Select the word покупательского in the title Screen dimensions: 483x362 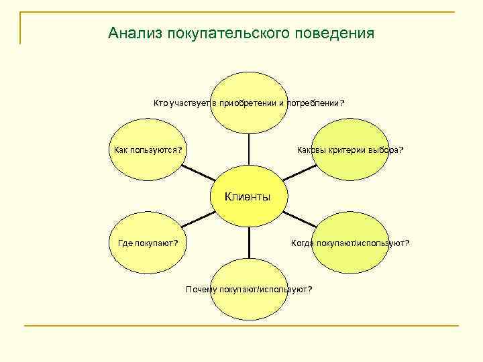[229, 33]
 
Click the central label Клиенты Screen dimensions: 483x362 [248, 197]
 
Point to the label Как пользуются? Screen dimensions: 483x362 [147, 149]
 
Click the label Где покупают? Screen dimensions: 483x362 [148, 243]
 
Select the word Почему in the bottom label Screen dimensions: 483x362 [199, 289]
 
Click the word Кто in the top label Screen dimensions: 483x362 [160, 103]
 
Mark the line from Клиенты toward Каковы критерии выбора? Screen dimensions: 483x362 [299, 172]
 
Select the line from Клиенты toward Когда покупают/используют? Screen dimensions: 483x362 [299, 219]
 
